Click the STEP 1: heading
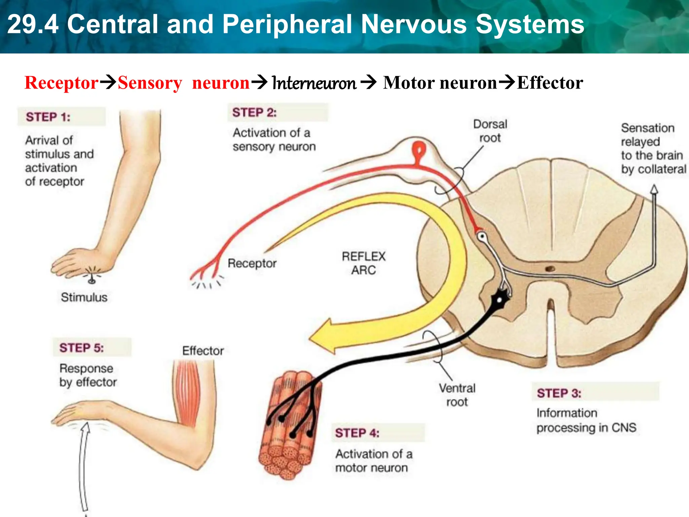48,117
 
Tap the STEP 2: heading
254,112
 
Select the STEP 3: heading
559,393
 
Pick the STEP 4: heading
357,433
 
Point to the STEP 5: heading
81,348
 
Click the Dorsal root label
490,131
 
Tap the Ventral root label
457,395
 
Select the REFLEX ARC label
363,263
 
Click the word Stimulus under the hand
84,297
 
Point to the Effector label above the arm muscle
203,351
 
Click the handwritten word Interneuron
314,83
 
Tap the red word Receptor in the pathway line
62,83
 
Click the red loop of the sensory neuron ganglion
419,149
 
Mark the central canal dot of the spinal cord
550,269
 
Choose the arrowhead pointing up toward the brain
654,189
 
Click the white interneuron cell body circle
482,236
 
